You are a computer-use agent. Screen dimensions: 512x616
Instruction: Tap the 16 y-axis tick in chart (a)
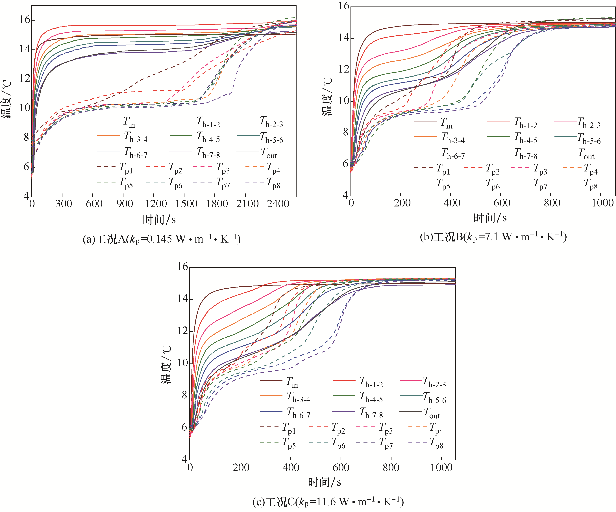(25, 20)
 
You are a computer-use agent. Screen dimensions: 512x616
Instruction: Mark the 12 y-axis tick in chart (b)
(344, 69)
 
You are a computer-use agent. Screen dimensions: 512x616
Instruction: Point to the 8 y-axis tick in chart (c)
(184, 395)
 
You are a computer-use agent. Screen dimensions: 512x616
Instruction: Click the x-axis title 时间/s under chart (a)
(159, 219)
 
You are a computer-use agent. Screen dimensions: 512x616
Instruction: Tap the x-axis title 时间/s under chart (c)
(325, 482)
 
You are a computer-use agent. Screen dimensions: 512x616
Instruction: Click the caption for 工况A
(162, 239)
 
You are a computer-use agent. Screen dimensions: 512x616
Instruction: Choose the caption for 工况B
(493, 237)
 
